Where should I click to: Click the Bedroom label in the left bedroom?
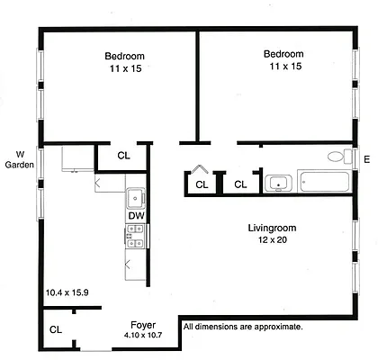(x=124, y=56)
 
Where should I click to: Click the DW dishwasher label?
(x=135, y=216)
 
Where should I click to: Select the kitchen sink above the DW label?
(x=136, y=197)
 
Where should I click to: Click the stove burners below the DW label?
(x=136, y=236)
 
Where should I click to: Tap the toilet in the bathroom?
(x=337, y=156)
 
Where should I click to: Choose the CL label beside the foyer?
(x=55, y=329)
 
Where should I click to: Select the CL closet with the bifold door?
(x=202, y=184)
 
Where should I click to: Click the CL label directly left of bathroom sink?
(x=240, y=184)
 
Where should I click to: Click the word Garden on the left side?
(x=19, y=165)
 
